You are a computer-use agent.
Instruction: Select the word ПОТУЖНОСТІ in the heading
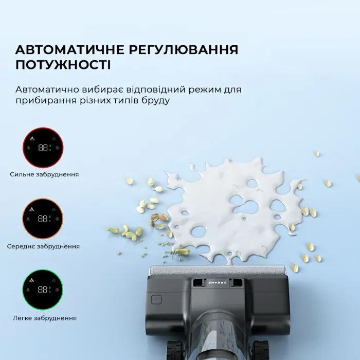(x=63, y=65)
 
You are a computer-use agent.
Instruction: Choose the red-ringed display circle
(x=43, y=148)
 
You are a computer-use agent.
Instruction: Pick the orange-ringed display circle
(x=43, y=219)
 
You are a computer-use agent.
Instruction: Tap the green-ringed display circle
(x=43, y=290)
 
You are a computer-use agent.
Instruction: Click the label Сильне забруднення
(x=44, y=174)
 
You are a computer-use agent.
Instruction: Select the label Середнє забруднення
(x=43, y=246)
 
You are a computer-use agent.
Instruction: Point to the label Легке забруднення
(x=45, y=318)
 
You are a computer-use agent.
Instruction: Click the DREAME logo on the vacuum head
(x=217, y=283)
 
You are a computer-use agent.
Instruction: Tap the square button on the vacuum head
(x=156, y=300)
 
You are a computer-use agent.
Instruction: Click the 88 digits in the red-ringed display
(x=43, y=148)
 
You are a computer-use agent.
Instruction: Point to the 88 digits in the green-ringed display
(x=43, y=290)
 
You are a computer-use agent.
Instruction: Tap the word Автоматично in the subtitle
(x=47, y=89)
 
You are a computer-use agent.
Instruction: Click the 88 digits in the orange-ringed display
(x=43, y=219)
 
